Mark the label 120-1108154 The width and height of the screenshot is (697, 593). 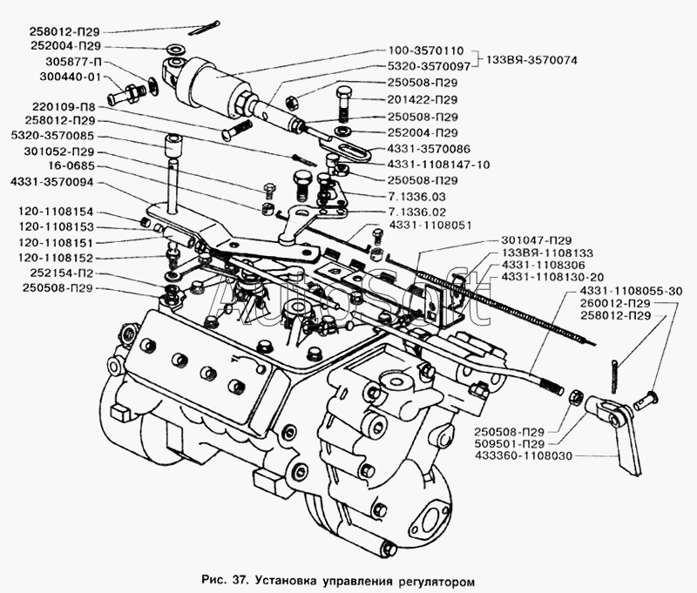(54, 212)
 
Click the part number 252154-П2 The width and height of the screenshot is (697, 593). (62, 273)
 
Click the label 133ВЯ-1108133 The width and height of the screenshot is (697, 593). (547, 253)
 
